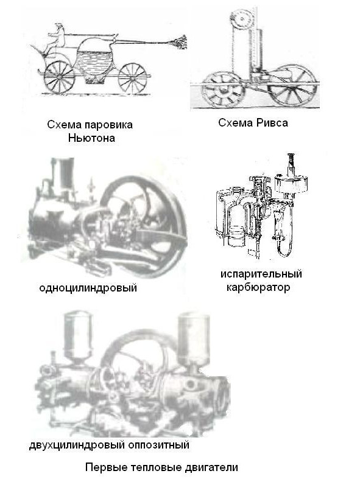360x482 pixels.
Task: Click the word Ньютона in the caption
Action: [91, 138]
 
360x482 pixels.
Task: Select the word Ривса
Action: [272, 123]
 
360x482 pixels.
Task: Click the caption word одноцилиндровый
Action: [88, 288]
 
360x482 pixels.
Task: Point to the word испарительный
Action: [261, 274]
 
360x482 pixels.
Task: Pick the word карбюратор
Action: [258, 287]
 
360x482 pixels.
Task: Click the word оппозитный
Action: [158, 444]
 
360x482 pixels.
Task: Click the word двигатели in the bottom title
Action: [211, 467]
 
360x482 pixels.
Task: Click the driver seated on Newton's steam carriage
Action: [56, 40]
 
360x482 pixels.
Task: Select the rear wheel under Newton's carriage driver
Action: [59, 77]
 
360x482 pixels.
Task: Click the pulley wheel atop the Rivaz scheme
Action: [242, 19]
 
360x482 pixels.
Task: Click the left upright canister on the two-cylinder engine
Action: [77, 336]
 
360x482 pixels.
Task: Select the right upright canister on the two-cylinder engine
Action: [194, 338]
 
